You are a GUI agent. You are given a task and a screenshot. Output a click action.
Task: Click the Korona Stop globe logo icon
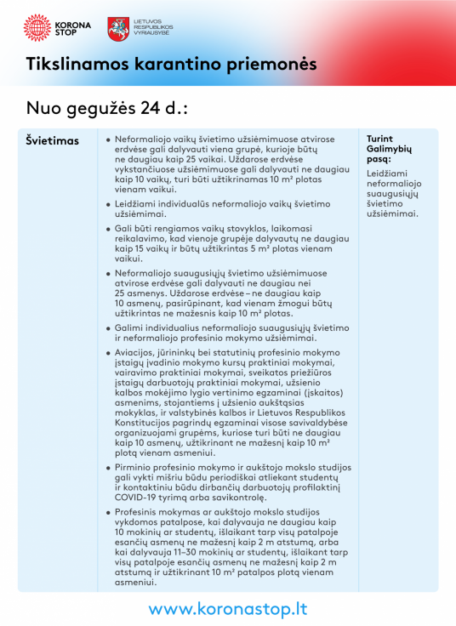37,27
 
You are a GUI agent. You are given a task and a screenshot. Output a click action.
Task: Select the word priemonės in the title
274,65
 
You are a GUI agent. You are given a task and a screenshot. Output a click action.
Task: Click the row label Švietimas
52,139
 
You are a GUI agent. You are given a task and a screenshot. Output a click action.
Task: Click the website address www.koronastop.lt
228,609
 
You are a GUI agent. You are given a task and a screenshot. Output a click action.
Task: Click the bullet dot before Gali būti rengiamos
108,230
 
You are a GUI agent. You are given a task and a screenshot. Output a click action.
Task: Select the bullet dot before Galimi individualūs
108,327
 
